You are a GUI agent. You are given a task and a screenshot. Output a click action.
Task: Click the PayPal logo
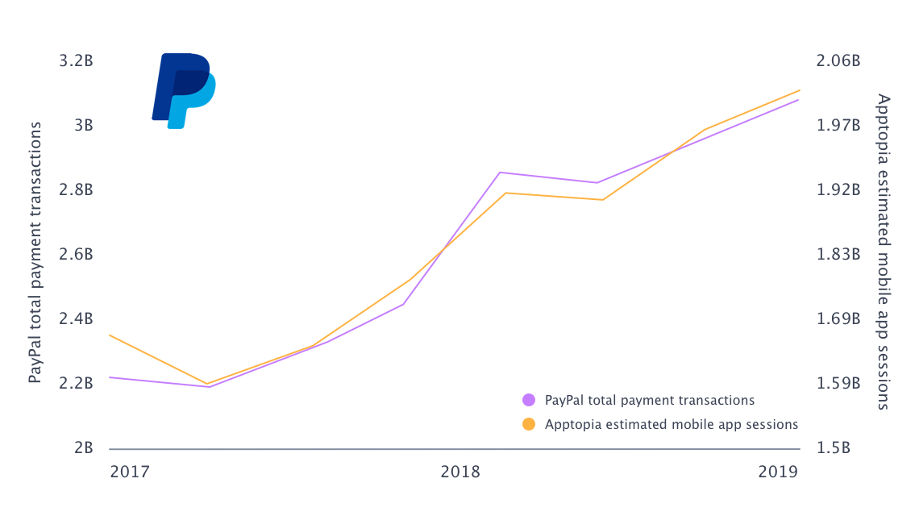[184, 90]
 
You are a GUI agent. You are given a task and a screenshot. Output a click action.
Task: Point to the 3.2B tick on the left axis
[77, 61]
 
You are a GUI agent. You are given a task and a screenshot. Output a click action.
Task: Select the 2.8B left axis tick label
[77, 190]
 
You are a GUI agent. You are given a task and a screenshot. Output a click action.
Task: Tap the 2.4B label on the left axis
[77, 319]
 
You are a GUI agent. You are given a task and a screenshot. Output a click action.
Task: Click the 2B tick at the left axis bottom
[84, 448]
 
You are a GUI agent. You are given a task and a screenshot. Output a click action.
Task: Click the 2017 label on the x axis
[129, 472]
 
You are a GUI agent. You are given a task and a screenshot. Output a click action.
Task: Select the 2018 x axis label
[460, 472]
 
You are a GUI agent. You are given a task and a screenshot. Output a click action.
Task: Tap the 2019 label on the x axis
[778, 472]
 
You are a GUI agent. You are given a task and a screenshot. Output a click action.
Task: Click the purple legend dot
[529, 400]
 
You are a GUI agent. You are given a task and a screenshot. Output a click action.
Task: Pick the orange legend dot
[529, 424]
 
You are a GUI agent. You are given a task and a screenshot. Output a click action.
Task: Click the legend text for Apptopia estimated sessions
[672, 424]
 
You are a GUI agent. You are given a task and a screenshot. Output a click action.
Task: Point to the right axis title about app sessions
[884, 252]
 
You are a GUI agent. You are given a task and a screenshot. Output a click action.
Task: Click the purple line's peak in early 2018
[501, 173]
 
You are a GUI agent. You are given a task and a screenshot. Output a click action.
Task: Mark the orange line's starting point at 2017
[110, 335]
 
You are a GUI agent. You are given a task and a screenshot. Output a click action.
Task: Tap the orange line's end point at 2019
[800, 90]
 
